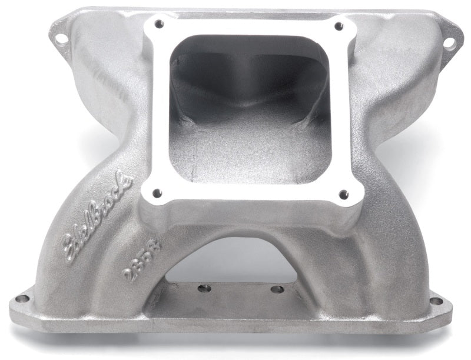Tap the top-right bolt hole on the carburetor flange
tap(338, 26)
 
